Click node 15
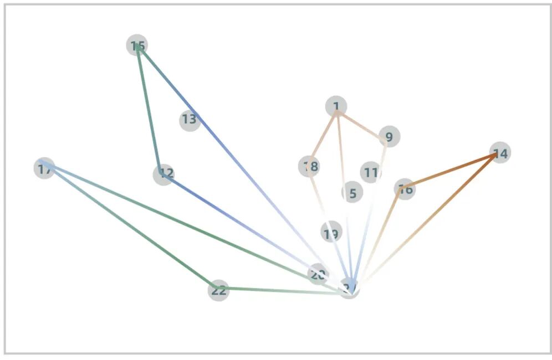137,45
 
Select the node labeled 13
190,120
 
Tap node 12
163,174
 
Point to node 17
44,168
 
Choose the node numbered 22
218,290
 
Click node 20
318,274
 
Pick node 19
331,232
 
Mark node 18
309,166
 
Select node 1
336,106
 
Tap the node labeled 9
389,137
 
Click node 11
370,172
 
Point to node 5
351,192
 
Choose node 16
405,189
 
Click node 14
500,152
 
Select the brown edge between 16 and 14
452,171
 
